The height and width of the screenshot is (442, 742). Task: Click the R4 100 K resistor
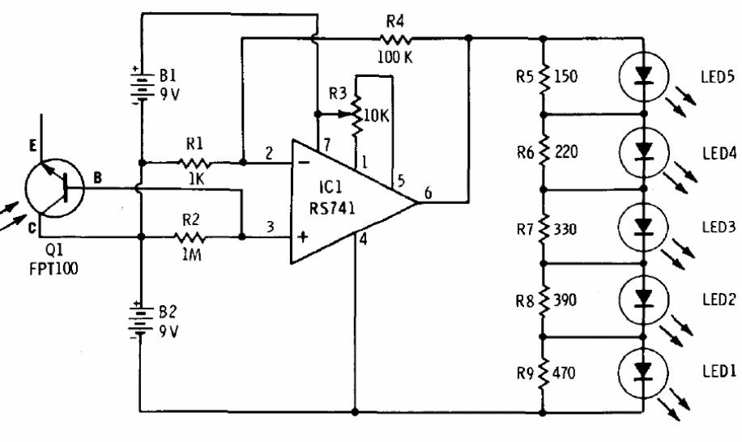392,37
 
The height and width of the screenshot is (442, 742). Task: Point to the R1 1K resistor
192,162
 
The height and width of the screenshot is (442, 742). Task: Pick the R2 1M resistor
192,237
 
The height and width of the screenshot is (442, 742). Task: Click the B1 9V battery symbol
141,87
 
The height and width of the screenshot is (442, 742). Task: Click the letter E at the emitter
32,147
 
